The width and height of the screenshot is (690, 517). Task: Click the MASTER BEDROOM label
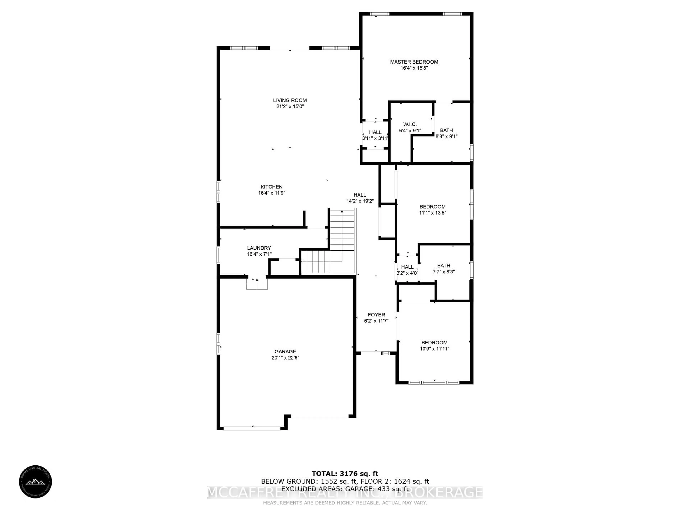414,62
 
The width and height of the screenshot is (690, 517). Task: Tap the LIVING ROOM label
290,100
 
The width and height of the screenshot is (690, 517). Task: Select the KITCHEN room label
271,187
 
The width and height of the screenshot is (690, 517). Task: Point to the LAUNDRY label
259,248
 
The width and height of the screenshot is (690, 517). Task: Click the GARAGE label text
285,351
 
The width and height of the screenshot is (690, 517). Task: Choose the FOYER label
376,315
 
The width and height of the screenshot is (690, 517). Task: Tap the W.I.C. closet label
410,124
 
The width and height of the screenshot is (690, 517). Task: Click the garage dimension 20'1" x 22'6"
285,358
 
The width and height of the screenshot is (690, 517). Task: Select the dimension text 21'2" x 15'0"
290,107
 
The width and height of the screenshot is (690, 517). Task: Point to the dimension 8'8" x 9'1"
446,136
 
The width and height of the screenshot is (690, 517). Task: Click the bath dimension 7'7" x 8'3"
444,272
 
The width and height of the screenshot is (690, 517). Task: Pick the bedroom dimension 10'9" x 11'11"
434,349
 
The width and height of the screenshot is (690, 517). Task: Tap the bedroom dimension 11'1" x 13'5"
432,213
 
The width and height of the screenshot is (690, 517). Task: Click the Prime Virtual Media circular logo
35,482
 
